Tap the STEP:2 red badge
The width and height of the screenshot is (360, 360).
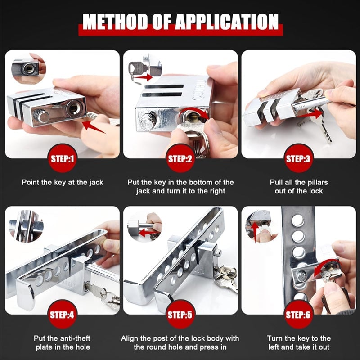pyautogui.click(x=180, y=158)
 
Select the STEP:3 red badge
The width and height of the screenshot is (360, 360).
pyautogui.click(x=298, y=158)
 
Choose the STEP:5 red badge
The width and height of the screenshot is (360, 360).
pyautogui.click(x=180, y=315)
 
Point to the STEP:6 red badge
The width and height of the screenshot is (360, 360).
pyautogui.click(x=298, y=315)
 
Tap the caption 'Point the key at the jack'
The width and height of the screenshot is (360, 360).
pyautogui.click(x=63, y=182)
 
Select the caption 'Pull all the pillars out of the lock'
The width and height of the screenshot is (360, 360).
pyautogui.click(x=298, y=187)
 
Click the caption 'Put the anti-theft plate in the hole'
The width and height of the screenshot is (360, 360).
pyautogui.click(x=63, y=343)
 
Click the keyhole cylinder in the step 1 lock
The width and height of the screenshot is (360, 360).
pyautogui.click(x=72, y=109)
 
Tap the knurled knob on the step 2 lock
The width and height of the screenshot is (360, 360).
pyautogui.click(x=147, y=122)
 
